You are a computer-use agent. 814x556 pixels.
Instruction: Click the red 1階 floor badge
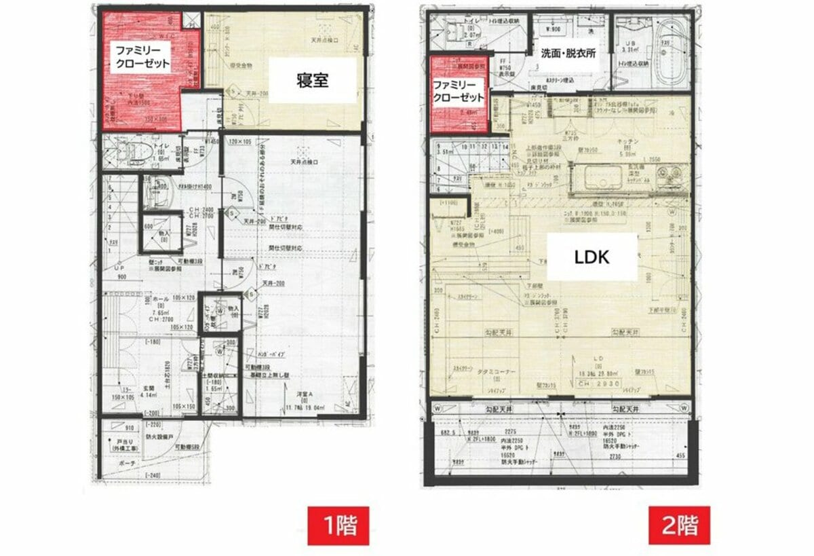(x=338, y=525)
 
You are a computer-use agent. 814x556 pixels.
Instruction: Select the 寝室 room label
(x=313, y=80)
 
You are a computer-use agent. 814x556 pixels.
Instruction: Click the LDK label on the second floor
(x=592, y=257)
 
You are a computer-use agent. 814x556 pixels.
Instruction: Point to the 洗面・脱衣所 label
(x=568, y=54)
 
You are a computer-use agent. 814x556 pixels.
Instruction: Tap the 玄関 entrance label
(x=147, y=388)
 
